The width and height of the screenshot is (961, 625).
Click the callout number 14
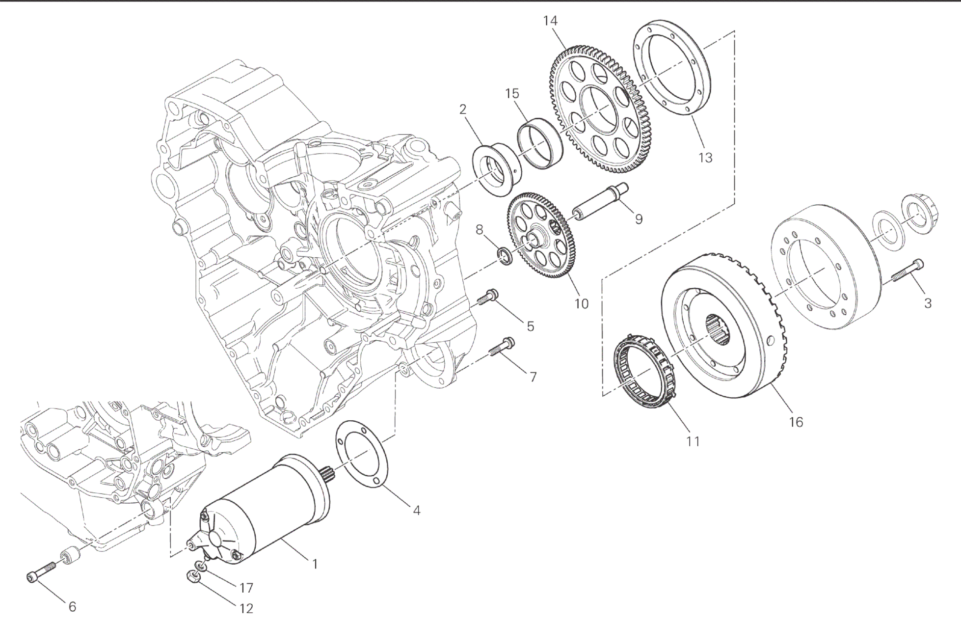pos(550,21)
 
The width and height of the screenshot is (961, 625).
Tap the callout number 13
pos(705,158)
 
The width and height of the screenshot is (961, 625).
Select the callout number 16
pos(796,422)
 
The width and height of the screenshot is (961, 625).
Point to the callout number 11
pos(693,441)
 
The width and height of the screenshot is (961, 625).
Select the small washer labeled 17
pos(201,567)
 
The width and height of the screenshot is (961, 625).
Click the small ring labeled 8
pos(505,256)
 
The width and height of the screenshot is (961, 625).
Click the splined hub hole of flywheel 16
pos(720,329)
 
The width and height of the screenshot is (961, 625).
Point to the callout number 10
pos(581,304)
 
